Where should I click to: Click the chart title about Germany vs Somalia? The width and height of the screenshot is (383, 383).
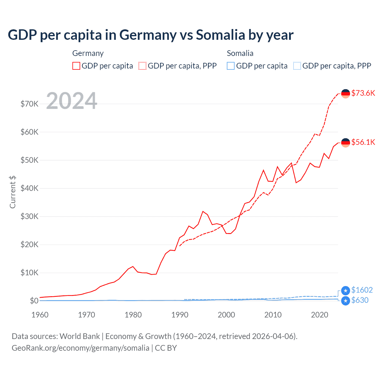click(151, 35)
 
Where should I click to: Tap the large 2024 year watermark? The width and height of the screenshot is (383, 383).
click(72, 101)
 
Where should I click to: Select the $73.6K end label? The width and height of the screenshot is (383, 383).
click(363, 93)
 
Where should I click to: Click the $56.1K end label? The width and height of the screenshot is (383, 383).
click(363, 142)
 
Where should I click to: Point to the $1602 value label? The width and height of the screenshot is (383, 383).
click(362, 290)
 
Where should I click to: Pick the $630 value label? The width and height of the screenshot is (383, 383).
click(360, 300)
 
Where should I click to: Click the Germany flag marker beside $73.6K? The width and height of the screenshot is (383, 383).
click(346, 94)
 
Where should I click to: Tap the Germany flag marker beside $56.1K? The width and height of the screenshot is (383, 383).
click(346, 143)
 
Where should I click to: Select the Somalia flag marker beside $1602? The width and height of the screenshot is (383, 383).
click(346, 291)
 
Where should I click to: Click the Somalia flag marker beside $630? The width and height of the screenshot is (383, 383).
click(346, 301)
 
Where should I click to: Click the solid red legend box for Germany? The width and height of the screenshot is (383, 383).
click(76, 66)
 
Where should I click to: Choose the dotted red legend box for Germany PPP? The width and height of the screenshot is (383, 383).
click(142, 66)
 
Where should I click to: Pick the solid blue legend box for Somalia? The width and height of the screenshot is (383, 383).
click(231, 66)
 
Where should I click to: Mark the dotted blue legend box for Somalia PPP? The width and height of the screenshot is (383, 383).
click(297, 66)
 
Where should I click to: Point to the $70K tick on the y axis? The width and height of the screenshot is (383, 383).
click(29, 104)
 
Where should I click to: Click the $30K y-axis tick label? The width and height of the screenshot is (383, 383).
click(29, 216)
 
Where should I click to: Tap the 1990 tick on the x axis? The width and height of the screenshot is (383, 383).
click(180, 315)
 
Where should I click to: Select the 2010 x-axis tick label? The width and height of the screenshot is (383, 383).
click(273, 315)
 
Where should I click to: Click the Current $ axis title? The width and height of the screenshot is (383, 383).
click(13, 192)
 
